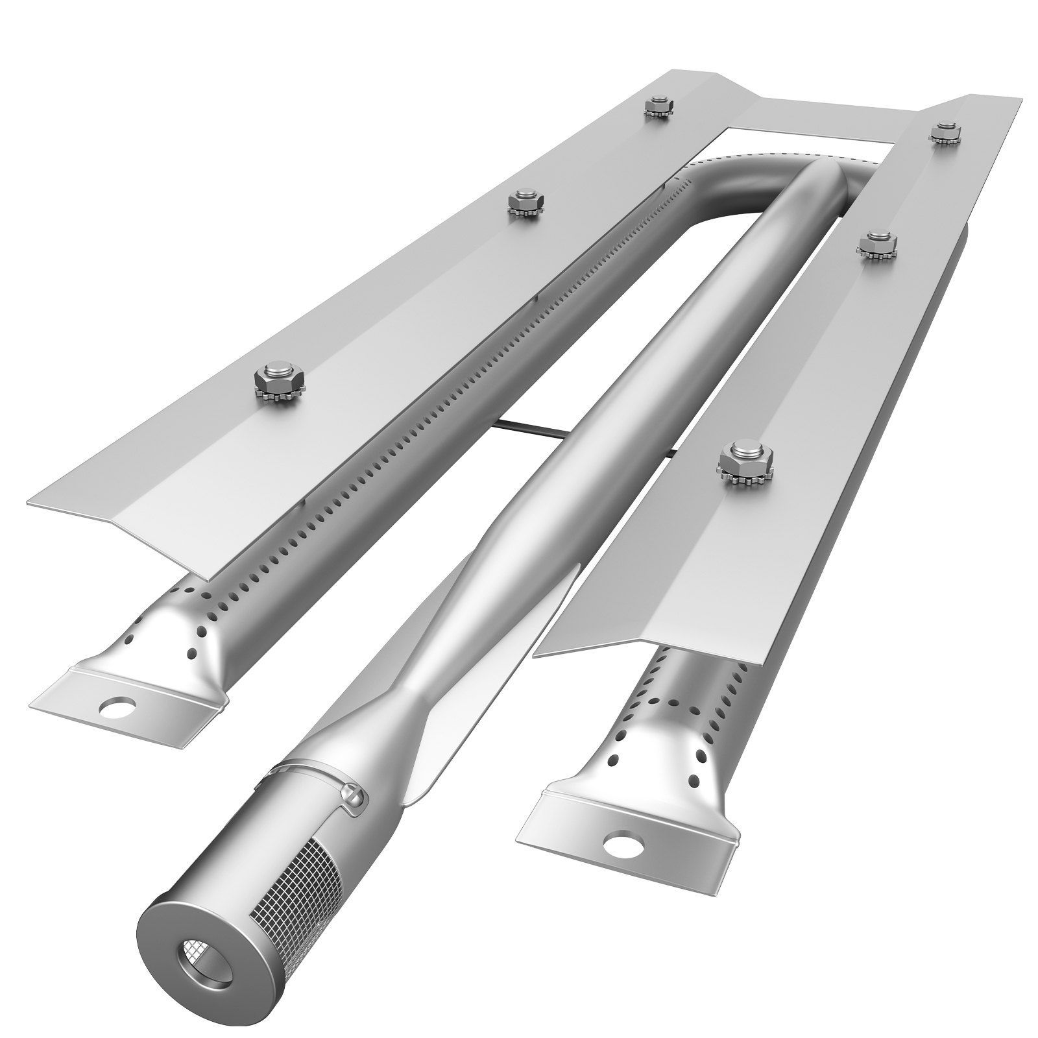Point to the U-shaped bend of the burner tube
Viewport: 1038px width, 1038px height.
click(x=772, y=175)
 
